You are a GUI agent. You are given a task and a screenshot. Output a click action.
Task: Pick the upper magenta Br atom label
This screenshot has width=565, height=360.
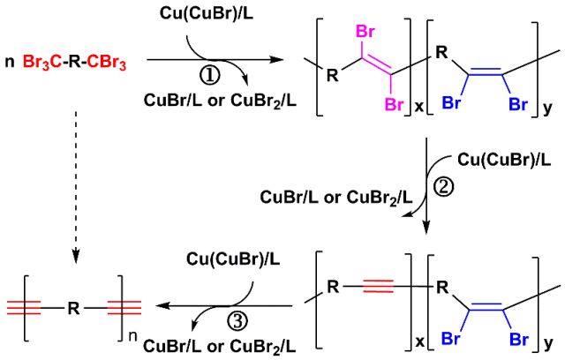(365, 34)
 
